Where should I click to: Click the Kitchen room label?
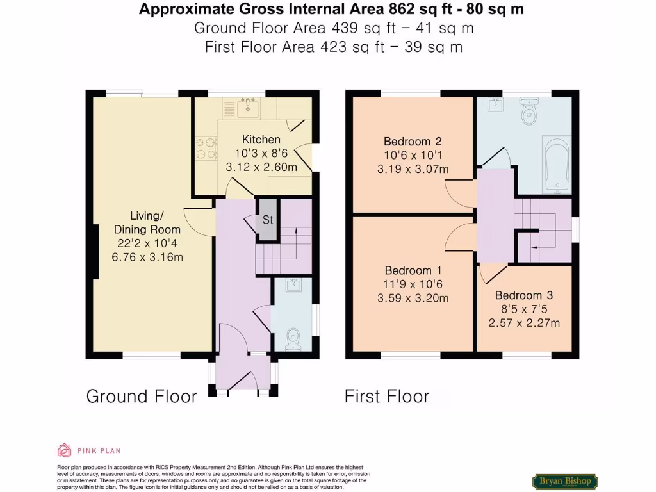click(x=261, y=140)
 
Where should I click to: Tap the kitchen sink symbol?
click(x=247, y=108)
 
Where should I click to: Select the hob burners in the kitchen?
click(x=206, y=148)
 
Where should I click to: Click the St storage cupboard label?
click(x=267, y=220)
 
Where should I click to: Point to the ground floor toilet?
click(x=293, y=337)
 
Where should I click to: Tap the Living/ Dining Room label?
click(x=147, y=222)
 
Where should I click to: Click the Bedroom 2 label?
click(x=413, y=142)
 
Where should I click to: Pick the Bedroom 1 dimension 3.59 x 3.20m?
click(x=413, y=298)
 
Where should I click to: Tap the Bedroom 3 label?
click(x=524, y=295)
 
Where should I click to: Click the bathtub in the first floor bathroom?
click(x=556, y=165)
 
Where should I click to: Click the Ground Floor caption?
click(x=142, y=397)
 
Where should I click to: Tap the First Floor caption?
click(x=387, y=397)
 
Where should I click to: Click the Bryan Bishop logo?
click(x=565, y=481)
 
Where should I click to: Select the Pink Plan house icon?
click(x=64, y=450)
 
